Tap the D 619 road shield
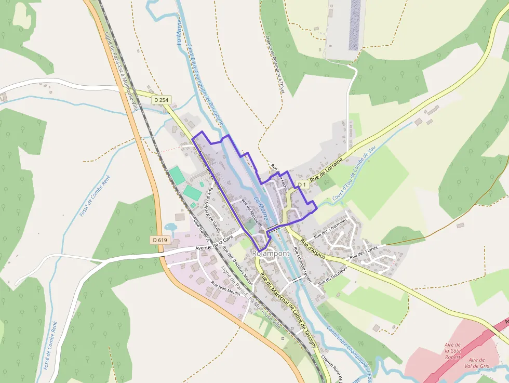coord(160,240)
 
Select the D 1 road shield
coord(302,184)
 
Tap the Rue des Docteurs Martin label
coord(237,266)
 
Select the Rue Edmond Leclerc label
coord(302,265)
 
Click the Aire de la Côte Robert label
coord(453,351)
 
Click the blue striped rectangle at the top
coord(355,24)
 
